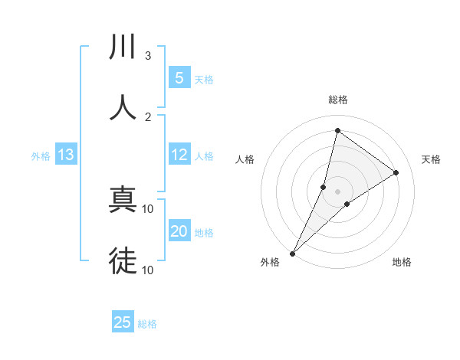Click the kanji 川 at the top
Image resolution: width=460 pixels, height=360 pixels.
tap(123, 47)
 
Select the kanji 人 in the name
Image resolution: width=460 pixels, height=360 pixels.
tap(123, 107)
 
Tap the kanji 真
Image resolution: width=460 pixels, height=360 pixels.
tap(123, 201)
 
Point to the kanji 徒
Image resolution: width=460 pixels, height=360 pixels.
tap(123, 260)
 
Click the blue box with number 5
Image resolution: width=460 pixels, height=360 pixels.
tap(179, 77)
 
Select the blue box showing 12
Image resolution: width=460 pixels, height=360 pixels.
tap(179, 155)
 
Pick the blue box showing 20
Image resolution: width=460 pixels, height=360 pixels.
tap(179, 231)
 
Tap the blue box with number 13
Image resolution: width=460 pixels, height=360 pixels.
tap(66, 155)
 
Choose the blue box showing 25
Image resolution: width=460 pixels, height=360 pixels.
tap(123, 322)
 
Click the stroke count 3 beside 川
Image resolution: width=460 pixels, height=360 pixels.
tap(148, 56)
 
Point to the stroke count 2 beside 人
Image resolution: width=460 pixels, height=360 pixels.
tap(148, 116)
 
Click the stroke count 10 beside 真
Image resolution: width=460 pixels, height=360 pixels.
tap(148, 208)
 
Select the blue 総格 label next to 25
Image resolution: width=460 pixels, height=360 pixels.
tap(147, 323)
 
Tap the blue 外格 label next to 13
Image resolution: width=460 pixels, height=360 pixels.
tap(41, 156)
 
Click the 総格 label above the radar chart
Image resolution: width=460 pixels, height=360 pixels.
tap(337, 100)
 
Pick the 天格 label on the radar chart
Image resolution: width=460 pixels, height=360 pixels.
tap(431, 159)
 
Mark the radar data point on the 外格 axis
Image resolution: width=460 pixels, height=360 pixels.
tap(292, 253)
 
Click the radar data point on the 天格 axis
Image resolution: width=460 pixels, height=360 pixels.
tap(396, 172)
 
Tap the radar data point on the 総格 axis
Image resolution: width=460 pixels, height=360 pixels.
tap(337, 130)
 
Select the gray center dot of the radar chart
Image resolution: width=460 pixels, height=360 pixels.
tap(337, 191)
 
